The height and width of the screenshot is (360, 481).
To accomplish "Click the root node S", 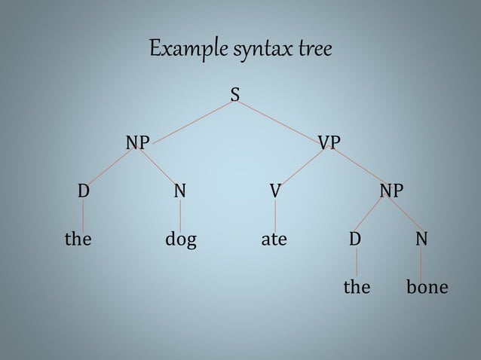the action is tap(235, 95).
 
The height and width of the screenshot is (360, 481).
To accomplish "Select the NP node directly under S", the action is tap(137, 142).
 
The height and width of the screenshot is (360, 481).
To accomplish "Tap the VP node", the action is tap(329, 142).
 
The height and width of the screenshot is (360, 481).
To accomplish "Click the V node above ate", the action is tap(275, 191).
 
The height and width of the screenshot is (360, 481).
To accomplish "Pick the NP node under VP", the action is tap(391, 191).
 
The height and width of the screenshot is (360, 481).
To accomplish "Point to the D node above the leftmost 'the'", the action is tap(83, 191).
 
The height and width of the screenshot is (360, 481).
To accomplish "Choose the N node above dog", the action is tap(179, 191).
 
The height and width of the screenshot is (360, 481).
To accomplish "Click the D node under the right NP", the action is tap(355, 239).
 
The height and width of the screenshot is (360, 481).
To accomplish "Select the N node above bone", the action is tap(421, 239).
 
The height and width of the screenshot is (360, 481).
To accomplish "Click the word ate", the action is tap(274, 240).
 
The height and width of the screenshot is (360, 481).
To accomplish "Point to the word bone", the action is tap(427, 288).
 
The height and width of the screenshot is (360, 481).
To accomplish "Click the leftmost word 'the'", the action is tap(78, 240).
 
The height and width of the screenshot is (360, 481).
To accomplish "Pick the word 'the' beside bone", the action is tap(357, 288).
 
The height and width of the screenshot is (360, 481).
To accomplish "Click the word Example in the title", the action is tap(185, 50).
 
